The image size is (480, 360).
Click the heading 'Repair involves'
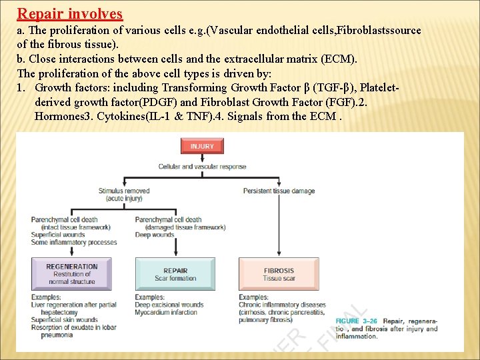[70, 13]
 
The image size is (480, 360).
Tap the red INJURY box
[202, 146]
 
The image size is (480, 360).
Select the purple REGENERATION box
[72, 274]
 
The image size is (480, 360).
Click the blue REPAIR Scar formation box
[175, 274]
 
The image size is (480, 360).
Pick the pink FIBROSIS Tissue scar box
[279, 274]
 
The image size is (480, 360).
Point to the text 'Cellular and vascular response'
[202, 166]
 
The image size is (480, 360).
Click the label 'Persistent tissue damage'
[279, 191]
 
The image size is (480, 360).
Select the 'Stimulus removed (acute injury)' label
[124, 195]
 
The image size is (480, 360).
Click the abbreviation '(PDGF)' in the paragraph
[158, 102]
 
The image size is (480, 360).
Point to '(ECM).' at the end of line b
[340, 59]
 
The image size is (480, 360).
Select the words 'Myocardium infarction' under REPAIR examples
[166, 312]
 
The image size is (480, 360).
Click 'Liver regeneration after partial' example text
[74, 305]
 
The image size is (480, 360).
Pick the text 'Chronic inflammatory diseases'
[282, 305]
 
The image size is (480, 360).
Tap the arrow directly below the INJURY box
[202, 158]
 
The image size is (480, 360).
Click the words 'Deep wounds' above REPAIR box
[155, 235]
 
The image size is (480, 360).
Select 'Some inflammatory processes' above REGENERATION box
[74, 242]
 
